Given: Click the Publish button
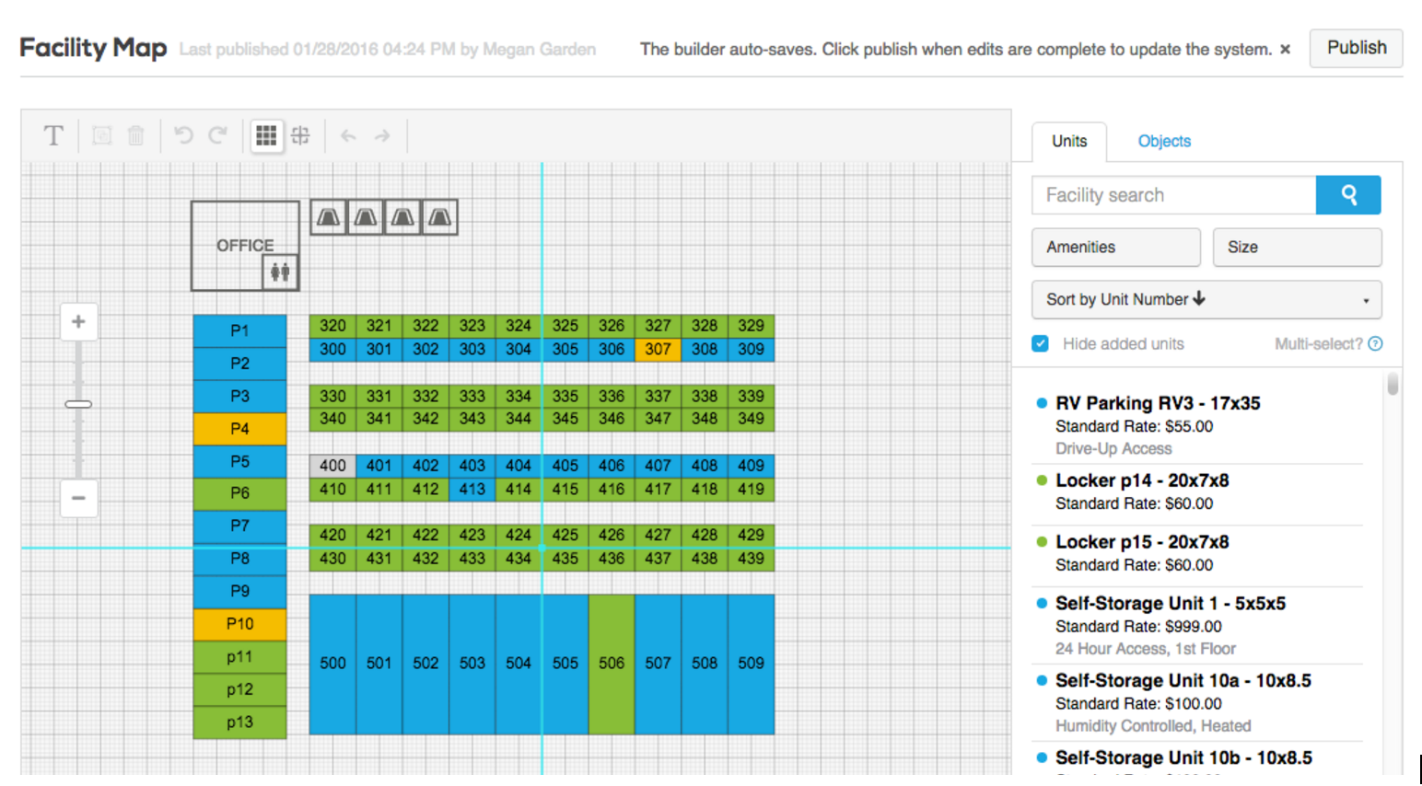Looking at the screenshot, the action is (1356, 48).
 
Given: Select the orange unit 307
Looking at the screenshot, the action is (658, 350).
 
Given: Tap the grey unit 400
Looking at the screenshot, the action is (332, 466).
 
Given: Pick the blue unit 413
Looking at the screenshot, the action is (472, 489).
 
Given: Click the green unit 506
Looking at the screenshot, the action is (612, 664).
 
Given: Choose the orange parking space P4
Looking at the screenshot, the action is (239, 429).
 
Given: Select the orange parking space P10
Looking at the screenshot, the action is (239, 624).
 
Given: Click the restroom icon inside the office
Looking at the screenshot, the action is (280, 272).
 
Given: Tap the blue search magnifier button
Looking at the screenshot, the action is (1348, 195).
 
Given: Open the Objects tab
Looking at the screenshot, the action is (1163, 141).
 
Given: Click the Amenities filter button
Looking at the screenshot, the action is (1116, 247).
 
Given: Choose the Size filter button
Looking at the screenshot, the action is (1297, 247).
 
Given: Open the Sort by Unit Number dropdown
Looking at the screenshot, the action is (1206, 299).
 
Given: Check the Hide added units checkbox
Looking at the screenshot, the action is (1040, 344).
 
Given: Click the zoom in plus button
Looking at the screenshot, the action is (78, 321).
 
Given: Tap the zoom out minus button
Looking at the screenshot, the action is (78, 498).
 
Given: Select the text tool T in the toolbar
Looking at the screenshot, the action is (53, 135).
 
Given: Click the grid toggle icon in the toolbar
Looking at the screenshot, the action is (266, 135).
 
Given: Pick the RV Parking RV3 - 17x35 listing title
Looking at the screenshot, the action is (1158, 403).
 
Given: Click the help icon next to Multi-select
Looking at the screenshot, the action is (1375, 344).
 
